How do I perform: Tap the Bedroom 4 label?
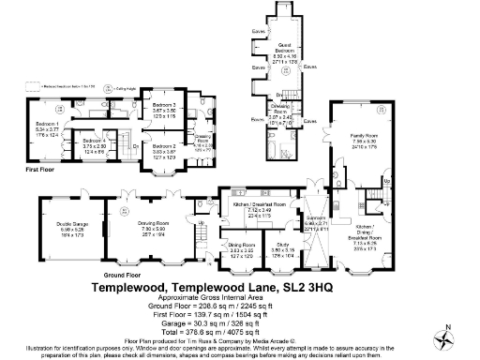pos(94,142)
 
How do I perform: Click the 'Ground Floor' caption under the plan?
pos(116,275)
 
